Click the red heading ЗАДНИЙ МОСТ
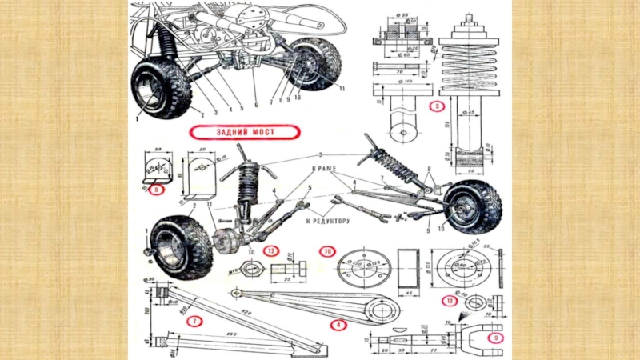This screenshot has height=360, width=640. point(242,132)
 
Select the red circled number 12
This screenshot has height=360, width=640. point(272,250)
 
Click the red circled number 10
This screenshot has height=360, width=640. point(327,250)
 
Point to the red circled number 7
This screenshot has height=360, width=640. point(193,321)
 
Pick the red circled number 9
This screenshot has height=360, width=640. point(496,338)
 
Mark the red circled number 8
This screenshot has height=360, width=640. point(156,190)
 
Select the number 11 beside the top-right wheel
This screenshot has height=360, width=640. point(342,87)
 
